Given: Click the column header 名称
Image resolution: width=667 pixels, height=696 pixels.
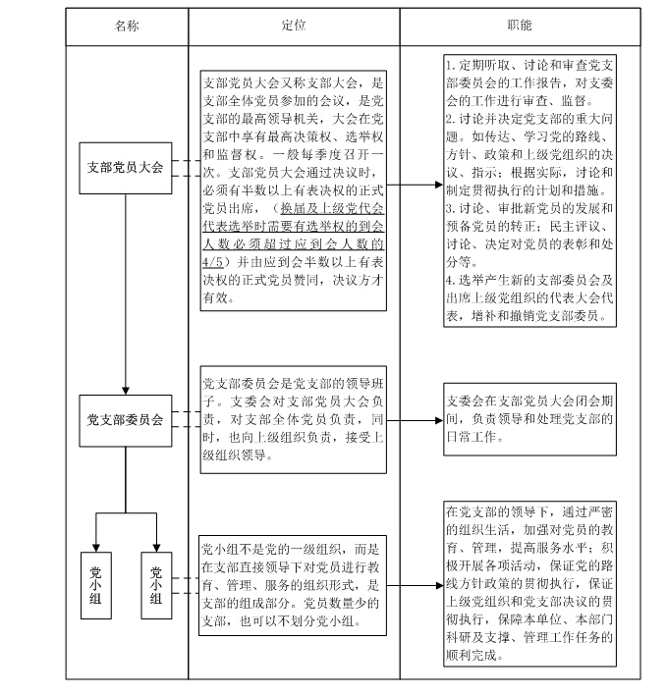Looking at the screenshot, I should coord(127,26).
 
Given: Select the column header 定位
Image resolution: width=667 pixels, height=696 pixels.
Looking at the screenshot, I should coord(293,26).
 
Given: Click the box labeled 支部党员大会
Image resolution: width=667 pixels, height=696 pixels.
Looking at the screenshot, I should coord(126,167).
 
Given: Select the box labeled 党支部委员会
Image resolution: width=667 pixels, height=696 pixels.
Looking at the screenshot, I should coord(126,420).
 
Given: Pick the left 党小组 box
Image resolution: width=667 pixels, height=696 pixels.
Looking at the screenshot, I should coord(95,586).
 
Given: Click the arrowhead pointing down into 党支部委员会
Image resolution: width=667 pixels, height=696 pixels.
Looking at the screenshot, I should coord(126,389).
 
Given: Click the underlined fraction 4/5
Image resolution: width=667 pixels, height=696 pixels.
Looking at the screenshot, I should coord(212,262).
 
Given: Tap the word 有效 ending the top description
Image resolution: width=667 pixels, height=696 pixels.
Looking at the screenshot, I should coord(215,297).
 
